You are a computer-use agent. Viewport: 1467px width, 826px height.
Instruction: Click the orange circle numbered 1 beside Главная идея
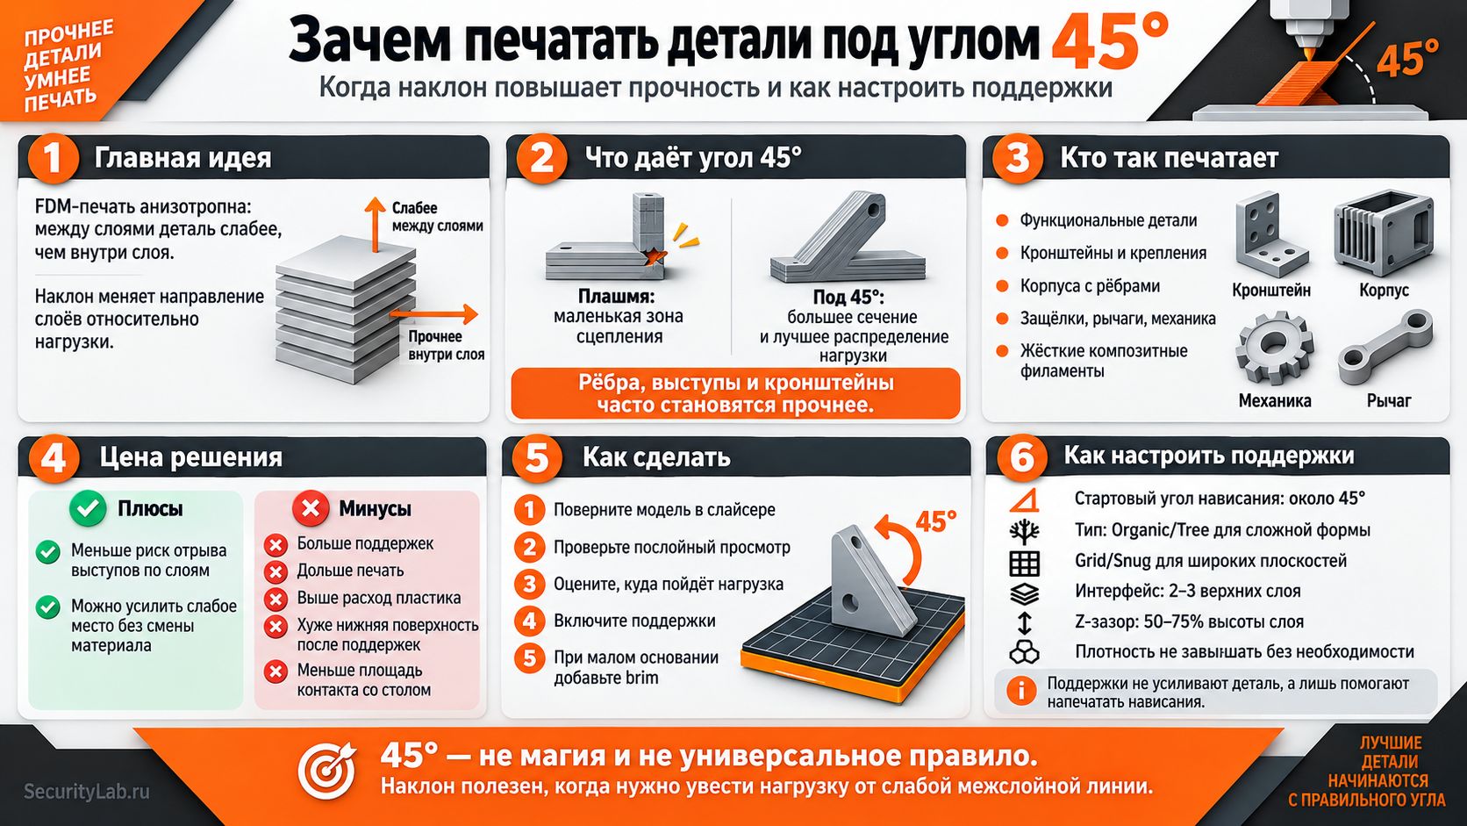(x=53, y=158)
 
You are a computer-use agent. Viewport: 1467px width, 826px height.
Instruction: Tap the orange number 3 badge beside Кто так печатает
(x=1017, y=158)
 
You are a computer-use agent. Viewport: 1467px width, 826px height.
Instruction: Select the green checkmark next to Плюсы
(x=88, y=508)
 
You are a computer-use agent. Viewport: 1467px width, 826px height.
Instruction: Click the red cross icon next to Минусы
(x=311, y=508)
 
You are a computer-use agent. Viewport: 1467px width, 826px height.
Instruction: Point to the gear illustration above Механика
(x=1274, y=348)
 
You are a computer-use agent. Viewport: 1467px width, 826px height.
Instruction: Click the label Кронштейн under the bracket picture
(x=1271, y=291)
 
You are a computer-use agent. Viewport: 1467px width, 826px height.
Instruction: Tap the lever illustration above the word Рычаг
(x=1385, y=348)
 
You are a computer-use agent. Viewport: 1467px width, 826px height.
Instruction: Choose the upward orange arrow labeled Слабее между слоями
(x=375, y=224)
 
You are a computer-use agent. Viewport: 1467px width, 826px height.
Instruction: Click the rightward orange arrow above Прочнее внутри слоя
(x=434, y=314)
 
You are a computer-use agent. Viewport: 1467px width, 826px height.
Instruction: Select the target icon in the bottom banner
(x=326, y=771)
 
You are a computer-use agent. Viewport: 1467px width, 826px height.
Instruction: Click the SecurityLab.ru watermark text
(x=87, y=791)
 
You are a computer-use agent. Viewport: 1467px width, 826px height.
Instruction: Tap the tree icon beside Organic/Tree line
(x=1024, y=531)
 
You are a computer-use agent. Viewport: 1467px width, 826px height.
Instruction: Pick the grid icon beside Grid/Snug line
(x=1024, y=563)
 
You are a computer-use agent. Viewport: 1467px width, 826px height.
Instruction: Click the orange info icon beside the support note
(x=1020, y=691)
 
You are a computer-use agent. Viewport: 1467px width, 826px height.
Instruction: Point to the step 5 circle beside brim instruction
(x=529, y=658)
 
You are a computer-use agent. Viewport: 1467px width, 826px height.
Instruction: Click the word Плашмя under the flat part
(x=616, y=297)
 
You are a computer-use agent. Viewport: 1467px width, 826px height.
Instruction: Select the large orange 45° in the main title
(x=1109, y=40)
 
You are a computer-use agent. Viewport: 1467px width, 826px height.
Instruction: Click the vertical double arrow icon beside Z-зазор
(x=1024, y=622)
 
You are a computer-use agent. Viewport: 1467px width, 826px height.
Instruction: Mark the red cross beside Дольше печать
(x=276, y=571)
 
